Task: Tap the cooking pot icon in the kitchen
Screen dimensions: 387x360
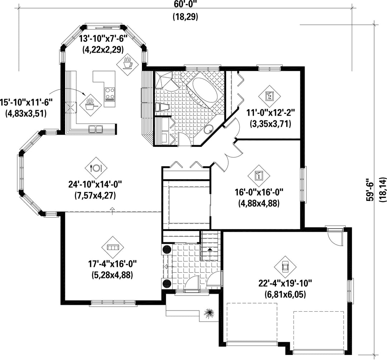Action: [x=91, y=105]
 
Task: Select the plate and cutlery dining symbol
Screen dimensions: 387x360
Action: [x=96, y=168]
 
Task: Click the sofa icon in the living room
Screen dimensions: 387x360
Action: [x=113, y=247]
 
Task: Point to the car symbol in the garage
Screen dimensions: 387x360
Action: [x=285, y=267]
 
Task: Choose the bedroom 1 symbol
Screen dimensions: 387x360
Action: [x=259, y=176]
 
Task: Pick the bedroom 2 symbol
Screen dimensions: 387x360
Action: [x=269, y=96]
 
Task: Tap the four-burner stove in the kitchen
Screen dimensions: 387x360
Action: [x=110, y=94]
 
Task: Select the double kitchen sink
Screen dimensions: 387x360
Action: [x=96, y=129]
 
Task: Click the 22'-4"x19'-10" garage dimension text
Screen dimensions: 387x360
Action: [x=285, y=284]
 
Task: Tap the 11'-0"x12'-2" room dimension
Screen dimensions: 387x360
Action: [x=271, y=113]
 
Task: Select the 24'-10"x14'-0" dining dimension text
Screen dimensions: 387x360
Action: [x=95, y=184]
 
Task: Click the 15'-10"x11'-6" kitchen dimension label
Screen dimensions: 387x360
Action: [x=27, y=102]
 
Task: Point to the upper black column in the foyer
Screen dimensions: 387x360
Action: [x=167, y=249]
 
